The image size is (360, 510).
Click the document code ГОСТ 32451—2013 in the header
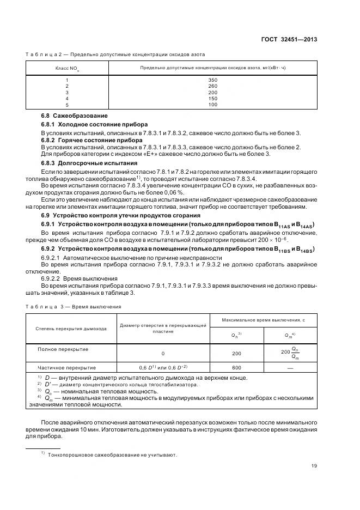[290, 40]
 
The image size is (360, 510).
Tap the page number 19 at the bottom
[314, 465]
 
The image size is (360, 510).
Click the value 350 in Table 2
[212, 80]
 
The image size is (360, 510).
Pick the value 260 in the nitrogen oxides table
[212, 86]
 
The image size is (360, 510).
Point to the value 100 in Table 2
[212, 105]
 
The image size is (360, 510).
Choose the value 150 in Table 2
[212, 99]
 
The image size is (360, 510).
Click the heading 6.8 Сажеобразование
[75, 116]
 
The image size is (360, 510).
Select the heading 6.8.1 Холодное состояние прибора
[87, 125]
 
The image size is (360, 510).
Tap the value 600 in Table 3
[236, 367]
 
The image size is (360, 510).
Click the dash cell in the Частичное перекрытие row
[290, 367]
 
